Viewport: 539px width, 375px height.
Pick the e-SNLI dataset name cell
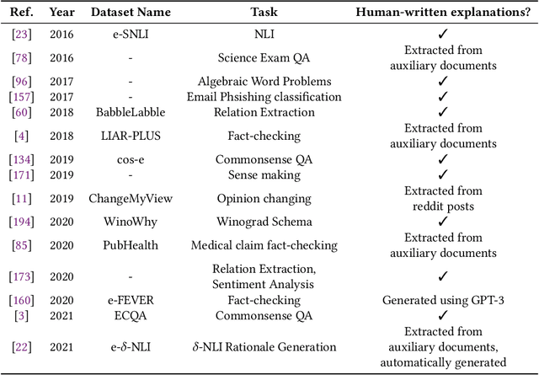pyautogui.click(x=131, y=35)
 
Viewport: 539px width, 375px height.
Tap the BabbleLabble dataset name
pyautogui.click(x=131, y=111)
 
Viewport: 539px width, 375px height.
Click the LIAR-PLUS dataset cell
pyautogui.click(x=131, y=135)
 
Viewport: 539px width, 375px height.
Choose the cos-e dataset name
pyautogui.click(x=131, y=158)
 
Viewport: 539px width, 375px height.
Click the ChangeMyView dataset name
pyautogui.click(x=131, y=198)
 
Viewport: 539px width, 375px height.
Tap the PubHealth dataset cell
pyautogui.click(x=131, y=246)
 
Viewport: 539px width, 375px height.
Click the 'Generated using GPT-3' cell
pyautogui.click(x=442, y=299)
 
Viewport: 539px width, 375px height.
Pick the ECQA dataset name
pyautogui.click(x=131, y=314)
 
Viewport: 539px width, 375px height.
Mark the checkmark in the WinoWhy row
pyautogui.click(x=442, y=222)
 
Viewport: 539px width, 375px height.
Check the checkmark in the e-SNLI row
pyautogui.click(x=442, y=35)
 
